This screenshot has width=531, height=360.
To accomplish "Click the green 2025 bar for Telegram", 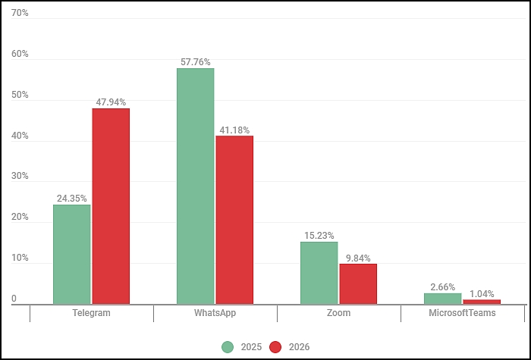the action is click(x=72, y=255).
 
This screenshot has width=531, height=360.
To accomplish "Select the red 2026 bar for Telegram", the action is click(x=111, y=206).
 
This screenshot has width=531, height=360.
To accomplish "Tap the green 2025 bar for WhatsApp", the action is click(x=196, y=186).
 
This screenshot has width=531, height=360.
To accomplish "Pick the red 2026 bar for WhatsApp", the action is click(x=234, y=220).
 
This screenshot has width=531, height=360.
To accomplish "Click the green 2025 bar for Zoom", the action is click(x=319, y=273).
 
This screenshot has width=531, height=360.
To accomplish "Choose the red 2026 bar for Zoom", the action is click(x=358, y=284).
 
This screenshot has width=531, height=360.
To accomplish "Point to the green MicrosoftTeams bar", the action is click(x=442, y=299).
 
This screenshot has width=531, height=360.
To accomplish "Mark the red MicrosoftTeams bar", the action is click(x=482, y=302).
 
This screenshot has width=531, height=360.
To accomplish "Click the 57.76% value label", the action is click(x=196, y=62).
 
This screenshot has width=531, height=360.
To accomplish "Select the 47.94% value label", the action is click(x=111, y=102).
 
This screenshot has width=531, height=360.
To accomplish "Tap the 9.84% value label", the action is click(x=358, y=258).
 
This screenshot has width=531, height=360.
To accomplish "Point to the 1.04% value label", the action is click(x=482, y=294).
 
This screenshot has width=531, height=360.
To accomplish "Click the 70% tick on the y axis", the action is click(x=20, y=13).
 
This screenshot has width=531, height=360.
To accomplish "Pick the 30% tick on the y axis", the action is click(x=20, y=176).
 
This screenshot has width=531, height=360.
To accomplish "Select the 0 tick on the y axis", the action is click(x=14, y=299).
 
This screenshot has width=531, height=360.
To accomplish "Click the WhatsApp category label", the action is click(x=215, y=312).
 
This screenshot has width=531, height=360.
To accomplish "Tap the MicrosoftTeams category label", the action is click(x=462, y=312).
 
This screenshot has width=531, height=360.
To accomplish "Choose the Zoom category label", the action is click(x=338, y=312).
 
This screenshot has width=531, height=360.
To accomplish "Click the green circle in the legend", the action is click(x=228, y=347).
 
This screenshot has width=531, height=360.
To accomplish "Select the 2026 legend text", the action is click(x=299, y=347).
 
